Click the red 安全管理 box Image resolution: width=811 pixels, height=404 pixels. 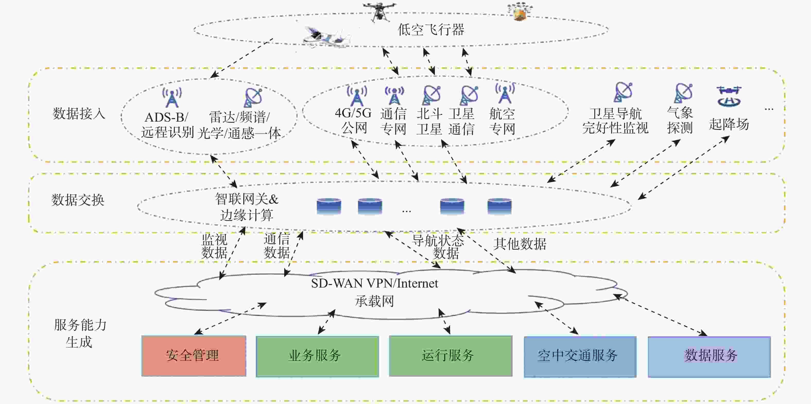pyautogui.click(x=194, y=356)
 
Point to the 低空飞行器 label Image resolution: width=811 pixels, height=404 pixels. pyautogui.click(x=431, y=30)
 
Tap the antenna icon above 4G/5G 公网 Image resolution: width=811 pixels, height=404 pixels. pyautogui.click(x=356, y=95)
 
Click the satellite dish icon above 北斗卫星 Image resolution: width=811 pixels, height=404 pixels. pyautogui.click(x=431, y=95)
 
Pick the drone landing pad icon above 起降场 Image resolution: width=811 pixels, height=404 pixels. pyautogui.click(x=729, y=96)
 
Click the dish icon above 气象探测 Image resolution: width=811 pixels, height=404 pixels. pyautogui.click(x=684, y=93)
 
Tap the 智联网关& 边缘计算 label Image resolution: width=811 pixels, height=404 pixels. pyautogui.click(x=246, y=207)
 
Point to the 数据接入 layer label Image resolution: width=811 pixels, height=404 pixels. pyautogui.click(x=79, y=113)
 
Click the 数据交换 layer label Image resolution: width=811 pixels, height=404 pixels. pyautogui.click(x=78, y=200)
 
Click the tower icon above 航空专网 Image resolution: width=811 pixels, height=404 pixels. pyautogui.click(x=505, y=93)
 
